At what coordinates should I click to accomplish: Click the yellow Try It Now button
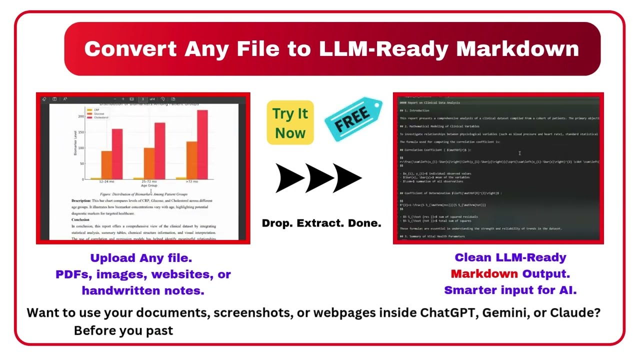290,123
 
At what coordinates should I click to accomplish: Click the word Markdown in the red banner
517,49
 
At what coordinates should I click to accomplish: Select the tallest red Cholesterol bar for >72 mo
202,144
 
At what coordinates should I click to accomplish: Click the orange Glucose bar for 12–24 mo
106,164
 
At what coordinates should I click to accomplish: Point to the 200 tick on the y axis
81,116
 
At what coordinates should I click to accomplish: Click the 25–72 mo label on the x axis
148,181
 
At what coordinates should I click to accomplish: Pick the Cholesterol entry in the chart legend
101,117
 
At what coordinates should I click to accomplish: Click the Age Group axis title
148,185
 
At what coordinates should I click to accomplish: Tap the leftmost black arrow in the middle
289,178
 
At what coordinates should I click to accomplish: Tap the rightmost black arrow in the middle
346,178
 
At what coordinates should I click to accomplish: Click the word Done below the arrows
365,223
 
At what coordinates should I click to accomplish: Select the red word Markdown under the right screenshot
484,274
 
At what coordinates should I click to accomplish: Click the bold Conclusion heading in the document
80,219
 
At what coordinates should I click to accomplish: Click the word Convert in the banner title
130,49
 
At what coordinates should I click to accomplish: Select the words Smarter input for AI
510,290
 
